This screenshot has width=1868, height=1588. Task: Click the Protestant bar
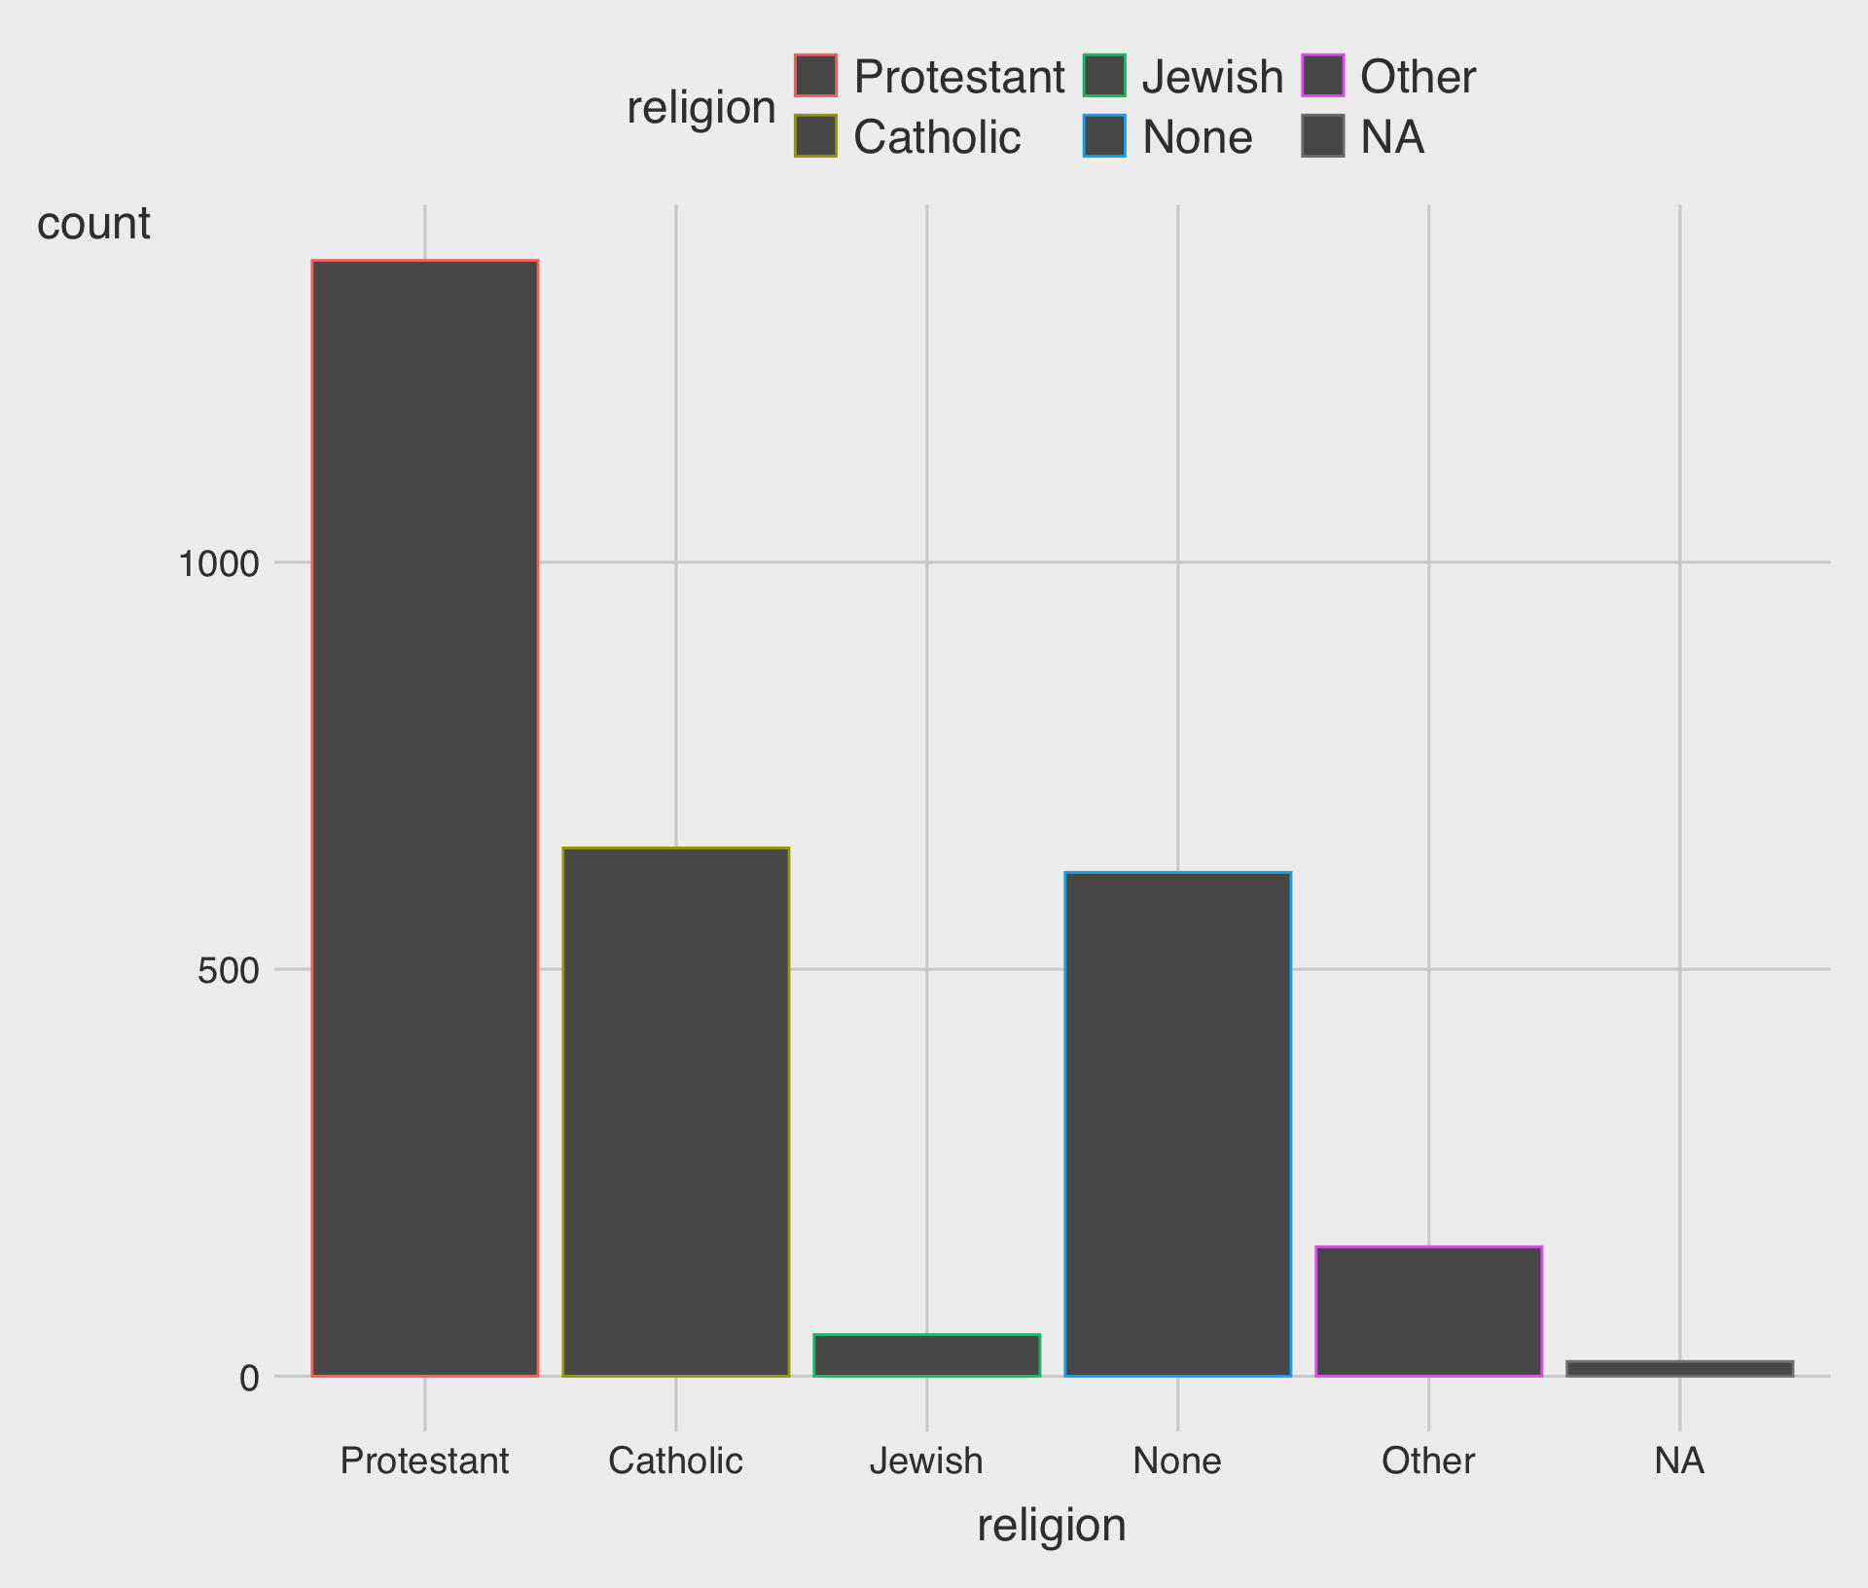coord(425,817)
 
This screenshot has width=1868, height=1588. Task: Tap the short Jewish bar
coord(926,1355)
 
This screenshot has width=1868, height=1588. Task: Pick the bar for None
coord(1177,1124)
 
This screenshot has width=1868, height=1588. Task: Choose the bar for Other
coord(1428,1311)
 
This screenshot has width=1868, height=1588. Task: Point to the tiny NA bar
coord(1679,1369)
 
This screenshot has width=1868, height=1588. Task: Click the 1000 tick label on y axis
coord(219,563)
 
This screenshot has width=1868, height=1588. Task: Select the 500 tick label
coord(229,970)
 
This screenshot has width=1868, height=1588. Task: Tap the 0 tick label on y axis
coord(249,1378)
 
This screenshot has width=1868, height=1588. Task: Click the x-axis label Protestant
coord(425,1462)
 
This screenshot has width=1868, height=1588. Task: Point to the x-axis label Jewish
coord(926,1462)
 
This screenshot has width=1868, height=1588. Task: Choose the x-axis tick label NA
coord(1679,1462)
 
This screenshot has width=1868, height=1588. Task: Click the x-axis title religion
coord(1052,1525)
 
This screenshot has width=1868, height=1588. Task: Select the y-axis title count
coord(93,223)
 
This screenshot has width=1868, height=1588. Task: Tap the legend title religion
coord(700,107)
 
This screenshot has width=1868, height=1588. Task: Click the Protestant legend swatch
coord(815,76)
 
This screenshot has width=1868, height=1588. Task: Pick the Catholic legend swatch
coord(815,136)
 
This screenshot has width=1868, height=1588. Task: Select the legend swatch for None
coord(1104,136)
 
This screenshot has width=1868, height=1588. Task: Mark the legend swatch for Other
coord(1322,76)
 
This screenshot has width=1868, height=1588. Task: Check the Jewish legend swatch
coord(1104,76)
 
